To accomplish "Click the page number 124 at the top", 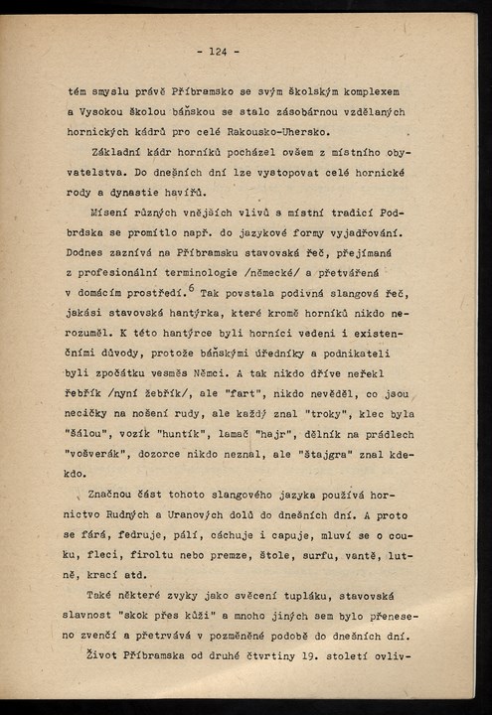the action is (218, 52).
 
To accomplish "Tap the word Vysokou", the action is (109, 112).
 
